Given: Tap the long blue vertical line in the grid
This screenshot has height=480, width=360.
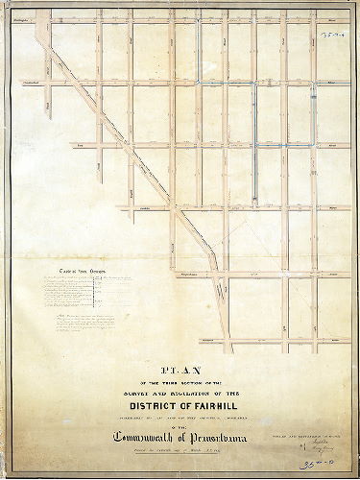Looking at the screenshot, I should click(254, 144).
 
